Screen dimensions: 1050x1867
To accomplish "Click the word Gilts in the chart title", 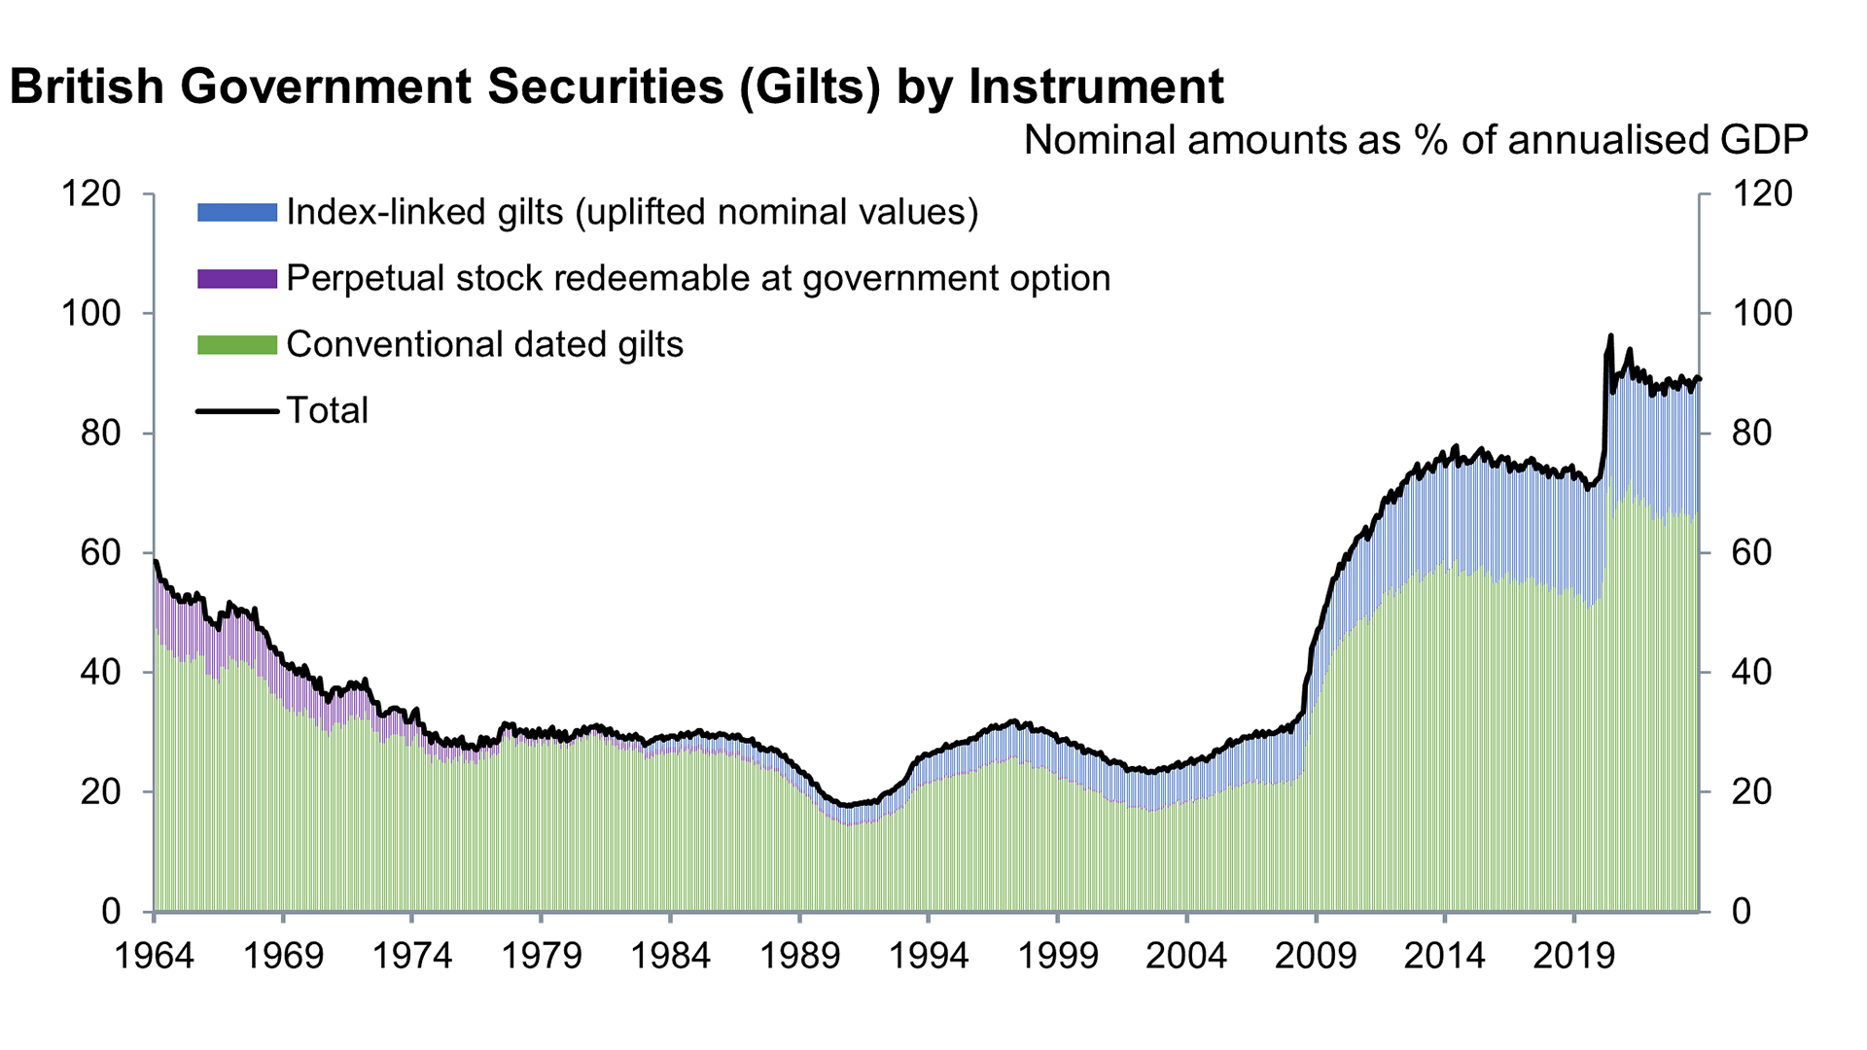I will [810, 87].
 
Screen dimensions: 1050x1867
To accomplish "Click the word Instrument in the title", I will [1096, 87].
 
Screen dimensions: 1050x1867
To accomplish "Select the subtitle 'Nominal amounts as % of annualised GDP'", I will [1415, 141].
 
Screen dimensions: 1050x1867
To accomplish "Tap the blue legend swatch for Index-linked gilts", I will [237, 212].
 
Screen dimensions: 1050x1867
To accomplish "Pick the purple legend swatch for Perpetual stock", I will [237, 279].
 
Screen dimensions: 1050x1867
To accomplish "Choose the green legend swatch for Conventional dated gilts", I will [237, 345].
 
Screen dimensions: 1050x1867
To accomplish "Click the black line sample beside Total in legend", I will [237, 411].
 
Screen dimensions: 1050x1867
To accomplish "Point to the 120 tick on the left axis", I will [91, 194].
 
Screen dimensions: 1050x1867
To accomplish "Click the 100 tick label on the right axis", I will [1761, 313].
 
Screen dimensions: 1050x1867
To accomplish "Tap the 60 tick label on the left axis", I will [101, 553].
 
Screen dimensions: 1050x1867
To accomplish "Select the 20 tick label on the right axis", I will [1751, 792].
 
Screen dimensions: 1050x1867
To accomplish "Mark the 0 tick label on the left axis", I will [111, 912].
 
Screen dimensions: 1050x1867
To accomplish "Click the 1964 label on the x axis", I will [154, 957].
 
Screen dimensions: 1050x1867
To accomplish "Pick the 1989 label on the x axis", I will [799, 957].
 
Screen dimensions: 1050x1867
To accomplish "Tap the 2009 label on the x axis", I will [1316, 957].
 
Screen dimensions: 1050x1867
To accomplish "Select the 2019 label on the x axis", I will [1573, 957].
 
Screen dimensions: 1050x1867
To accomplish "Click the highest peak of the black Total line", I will [1610, 336].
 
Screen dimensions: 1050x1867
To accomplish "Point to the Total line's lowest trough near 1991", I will [847, 806].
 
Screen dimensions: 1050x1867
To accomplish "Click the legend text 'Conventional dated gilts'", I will [484, 345].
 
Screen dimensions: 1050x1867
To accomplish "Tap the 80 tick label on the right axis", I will [1751, 433].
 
